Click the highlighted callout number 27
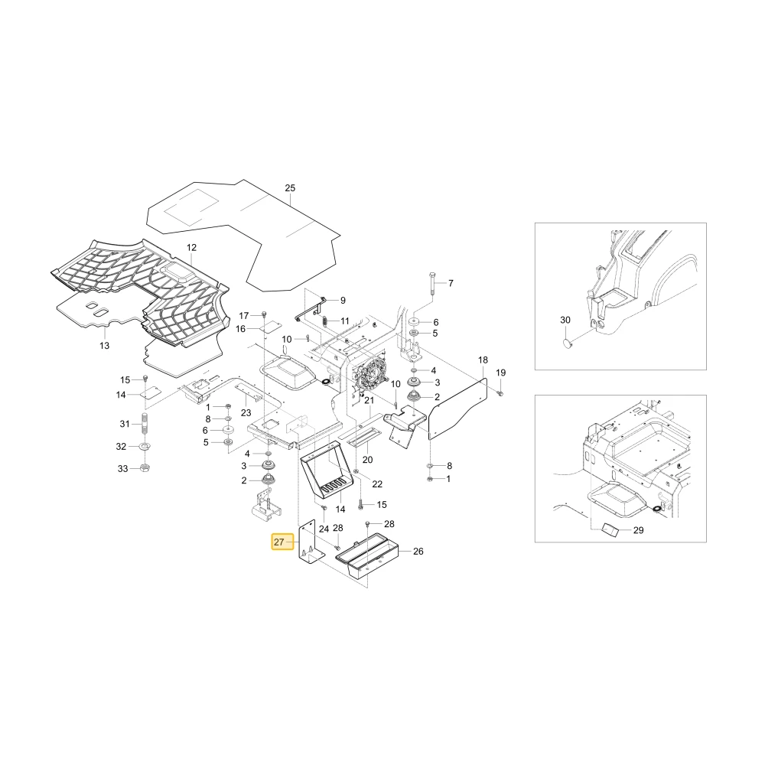(x=279, y=542)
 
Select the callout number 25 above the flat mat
(x=290, y=188)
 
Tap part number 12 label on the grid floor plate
(x=192, y=247)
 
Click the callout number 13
(x=104, y=346)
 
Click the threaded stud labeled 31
(x=145, y=424)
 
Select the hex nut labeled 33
(x=145, y=468)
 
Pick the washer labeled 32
(x=145, y=446)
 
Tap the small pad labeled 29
(x=610, y=530)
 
